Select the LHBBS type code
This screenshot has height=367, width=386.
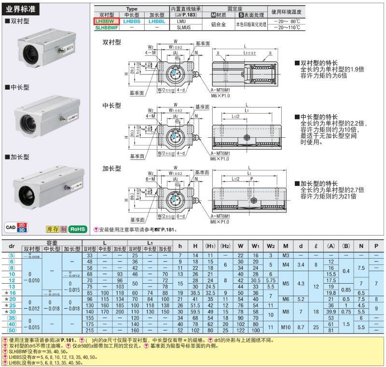point(131,22)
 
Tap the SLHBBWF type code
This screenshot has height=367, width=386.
point(106,28)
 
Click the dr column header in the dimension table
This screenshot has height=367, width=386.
point(12,246)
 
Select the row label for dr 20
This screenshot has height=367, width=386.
point(12,299)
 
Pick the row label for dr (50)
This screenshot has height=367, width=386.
point(12,330)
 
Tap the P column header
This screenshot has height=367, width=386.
point(376,246)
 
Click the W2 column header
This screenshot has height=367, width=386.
point(271,246)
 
